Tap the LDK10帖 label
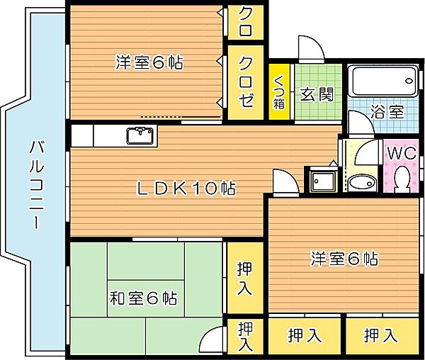point(186,189)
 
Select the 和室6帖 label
point(143,298)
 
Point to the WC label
point(401,152)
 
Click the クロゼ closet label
point(245,82)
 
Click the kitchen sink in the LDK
point(140,133)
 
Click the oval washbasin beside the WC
point(363,181)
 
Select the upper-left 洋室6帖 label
point(149,62)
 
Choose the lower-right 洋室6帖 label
point(344,259)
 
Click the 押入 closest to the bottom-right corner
point(380,336)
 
